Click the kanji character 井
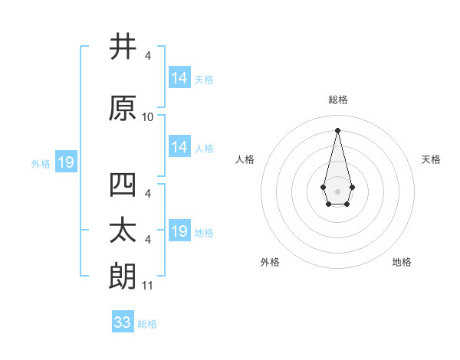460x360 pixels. [123, 47]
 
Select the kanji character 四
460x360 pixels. [123, 185]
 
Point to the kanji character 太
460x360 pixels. [123, 231]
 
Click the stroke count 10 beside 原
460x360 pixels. [148, 117]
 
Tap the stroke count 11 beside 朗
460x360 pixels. [148, 286]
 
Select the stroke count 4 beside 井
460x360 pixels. [147, 56]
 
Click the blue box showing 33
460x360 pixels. [123, 322]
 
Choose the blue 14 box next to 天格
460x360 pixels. [179, 78]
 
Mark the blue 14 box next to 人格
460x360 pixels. [179, 147]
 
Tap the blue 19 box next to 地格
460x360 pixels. [179, 231]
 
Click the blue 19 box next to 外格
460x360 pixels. [65, 162]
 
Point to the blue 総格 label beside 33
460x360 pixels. [147, 324]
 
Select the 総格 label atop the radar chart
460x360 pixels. [337, 100]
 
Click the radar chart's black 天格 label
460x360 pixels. [431, 159]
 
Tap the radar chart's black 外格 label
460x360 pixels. [270, 262]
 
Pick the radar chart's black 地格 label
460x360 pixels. [402, 262]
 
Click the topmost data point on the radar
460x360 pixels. [337, 129]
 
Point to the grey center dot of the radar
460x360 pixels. [337, 190]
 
